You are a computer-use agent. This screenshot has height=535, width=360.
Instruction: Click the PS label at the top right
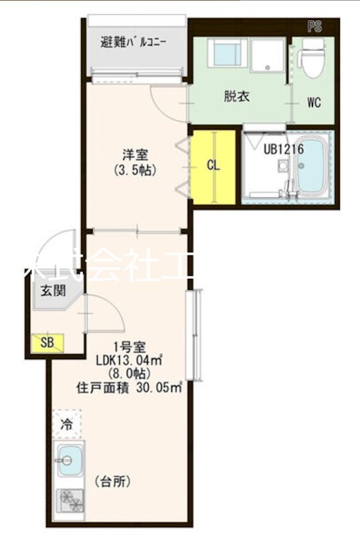pyautogui.click(x=314, y=27)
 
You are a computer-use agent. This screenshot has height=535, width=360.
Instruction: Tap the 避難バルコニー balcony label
pyautogui.click(x=134, y=42)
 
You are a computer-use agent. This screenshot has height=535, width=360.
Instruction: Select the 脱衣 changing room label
pyautogui.click(x=236, y=96)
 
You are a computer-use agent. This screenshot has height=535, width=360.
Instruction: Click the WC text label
pyautogui.click(x=314, y=103)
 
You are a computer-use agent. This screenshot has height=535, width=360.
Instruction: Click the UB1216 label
pyautogui.click(x=283, y=149)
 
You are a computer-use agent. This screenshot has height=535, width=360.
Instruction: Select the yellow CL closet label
pyautogui.click(x=213, y=165)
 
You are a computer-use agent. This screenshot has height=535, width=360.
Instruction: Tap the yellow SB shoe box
pyautogui.click(x=47, y=343)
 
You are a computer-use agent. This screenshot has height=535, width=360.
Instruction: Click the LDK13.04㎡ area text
pyautogui.click(x=130, y=360)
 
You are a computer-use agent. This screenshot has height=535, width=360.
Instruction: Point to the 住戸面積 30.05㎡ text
pyautogui.click(x=130, y=387)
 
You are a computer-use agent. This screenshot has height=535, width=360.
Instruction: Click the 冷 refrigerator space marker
pyautogui.click(x=67, y=423)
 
